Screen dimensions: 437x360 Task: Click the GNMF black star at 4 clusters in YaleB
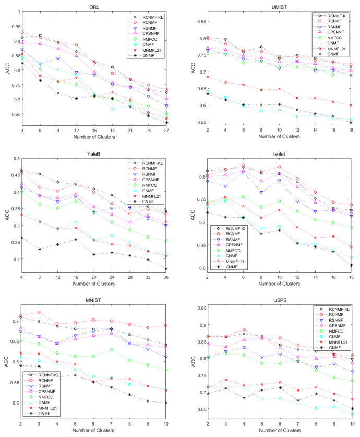point(22,238)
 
